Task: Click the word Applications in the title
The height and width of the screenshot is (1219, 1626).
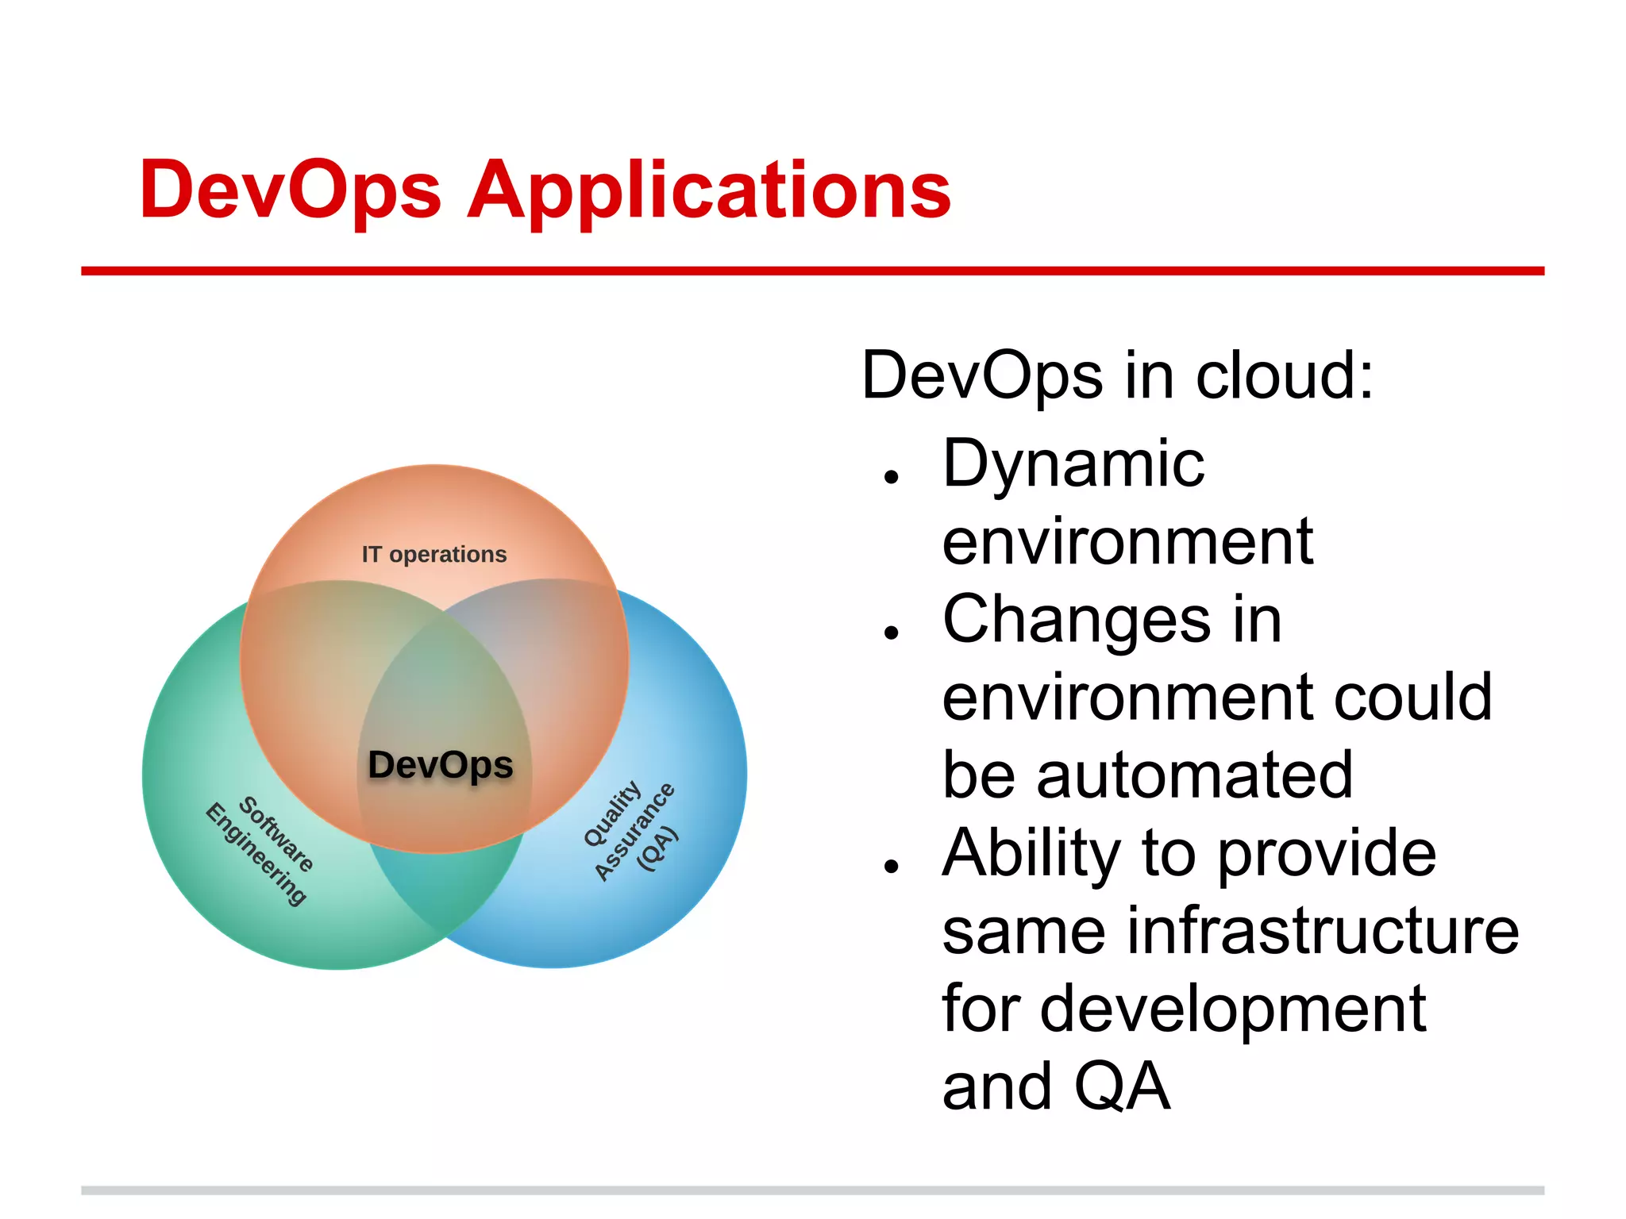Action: [x=709, y=190]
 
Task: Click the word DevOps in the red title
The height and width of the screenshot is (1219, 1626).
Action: [x=290, y=190]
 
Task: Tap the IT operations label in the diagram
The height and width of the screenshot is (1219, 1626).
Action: [x=433, y=554]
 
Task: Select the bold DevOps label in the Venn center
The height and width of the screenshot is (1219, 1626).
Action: [x=441, y=765]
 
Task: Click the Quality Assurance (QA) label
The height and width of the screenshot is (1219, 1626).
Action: [x=631, y=829]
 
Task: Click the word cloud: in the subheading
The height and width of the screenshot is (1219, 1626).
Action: [x=1284, y=375]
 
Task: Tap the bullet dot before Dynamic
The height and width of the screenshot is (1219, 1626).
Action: [x=891, y=477]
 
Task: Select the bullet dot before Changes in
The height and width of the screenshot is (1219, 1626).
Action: [x=891, y=633]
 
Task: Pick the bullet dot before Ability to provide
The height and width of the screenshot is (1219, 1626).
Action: [x=891, y=866]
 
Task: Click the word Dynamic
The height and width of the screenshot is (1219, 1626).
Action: [x=1073, y=464]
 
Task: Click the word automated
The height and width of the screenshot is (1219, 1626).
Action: [x=1194, y=775]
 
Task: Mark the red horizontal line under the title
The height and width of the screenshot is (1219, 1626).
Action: [x=812, y=271]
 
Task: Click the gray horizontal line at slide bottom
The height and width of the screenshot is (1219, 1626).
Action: [x=812, y=1190]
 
